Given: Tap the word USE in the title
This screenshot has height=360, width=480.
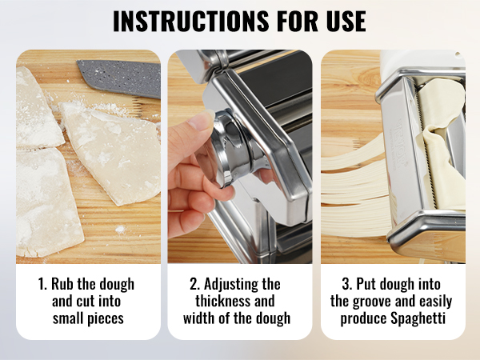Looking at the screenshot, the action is [346, 21].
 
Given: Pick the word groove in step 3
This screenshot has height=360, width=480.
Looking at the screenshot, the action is [378, 302].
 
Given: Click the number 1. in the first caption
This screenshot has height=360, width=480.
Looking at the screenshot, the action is [43, 284].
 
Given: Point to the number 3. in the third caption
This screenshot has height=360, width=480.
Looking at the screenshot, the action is [347, 284].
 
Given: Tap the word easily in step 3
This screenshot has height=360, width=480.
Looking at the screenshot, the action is [436, 302].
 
